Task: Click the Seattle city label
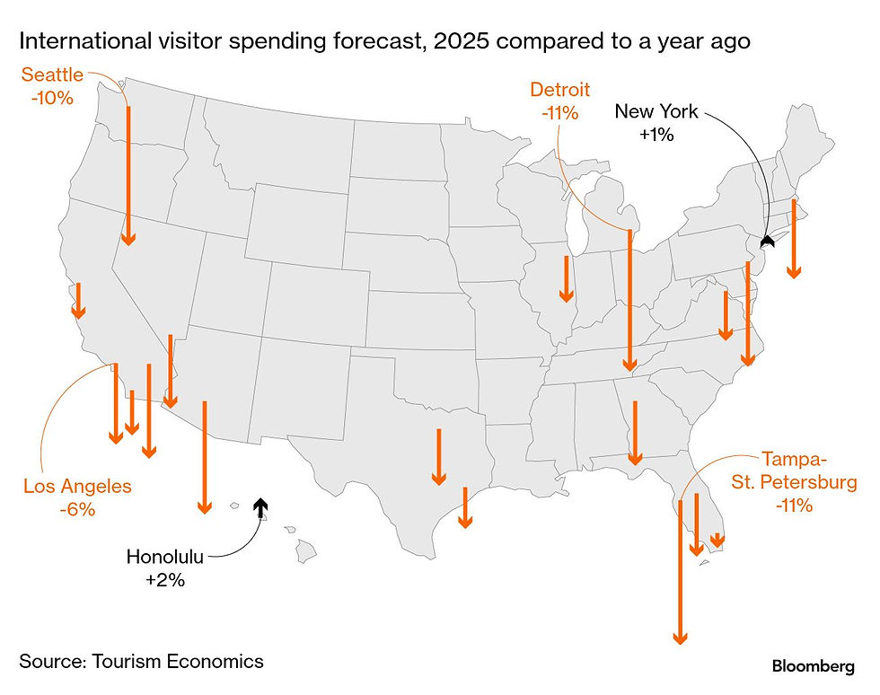(52, 75)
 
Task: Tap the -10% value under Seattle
(52, 96)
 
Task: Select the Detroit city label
(559, 90)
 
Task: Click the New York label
(656, 112)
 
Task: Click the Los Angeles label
(77, 487)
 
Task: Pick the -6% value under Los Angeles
(77, 508)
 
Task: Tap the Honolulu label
(165, 558)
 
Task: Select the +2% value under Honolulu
(165, 580)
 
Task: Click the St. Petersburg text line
(794, 483)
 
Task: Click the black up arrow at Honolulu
(260, 508)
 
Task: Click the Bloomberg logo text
(813, 665)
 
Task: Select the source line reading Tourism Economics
(142, 662)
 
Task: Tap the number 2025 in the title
(463, 41)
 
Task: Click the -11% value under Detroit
(559, 113)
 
